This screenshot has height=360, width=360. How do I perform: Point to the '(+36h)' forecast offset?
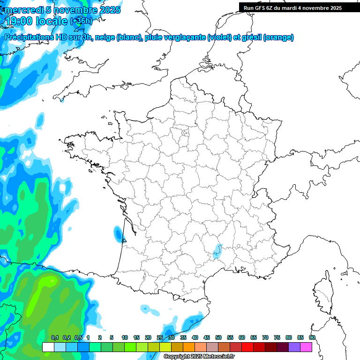point(81,21)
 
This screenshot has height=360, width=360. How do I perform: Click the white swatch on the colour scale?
point(48,347)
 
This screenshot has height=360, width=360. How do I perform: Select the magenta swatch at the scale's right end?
point(306,347)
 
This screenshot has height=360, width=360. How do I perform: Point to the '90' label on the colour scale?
point(312,338)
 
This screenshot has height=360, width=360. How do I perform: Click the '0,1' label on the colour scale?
point(54,338)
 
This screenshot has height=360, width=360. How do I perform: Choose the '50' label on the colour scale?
point(218,338)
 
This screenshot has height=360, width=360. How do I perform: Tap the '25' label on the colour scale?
point(160,338)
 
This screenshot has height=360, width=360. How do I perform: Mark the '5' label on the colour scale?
point(112,338)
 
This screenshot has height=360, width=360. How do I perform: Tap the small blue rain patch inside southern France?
point(217,251)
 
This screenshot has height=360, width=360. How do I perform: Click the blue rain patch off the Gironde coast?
point(118,233)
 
